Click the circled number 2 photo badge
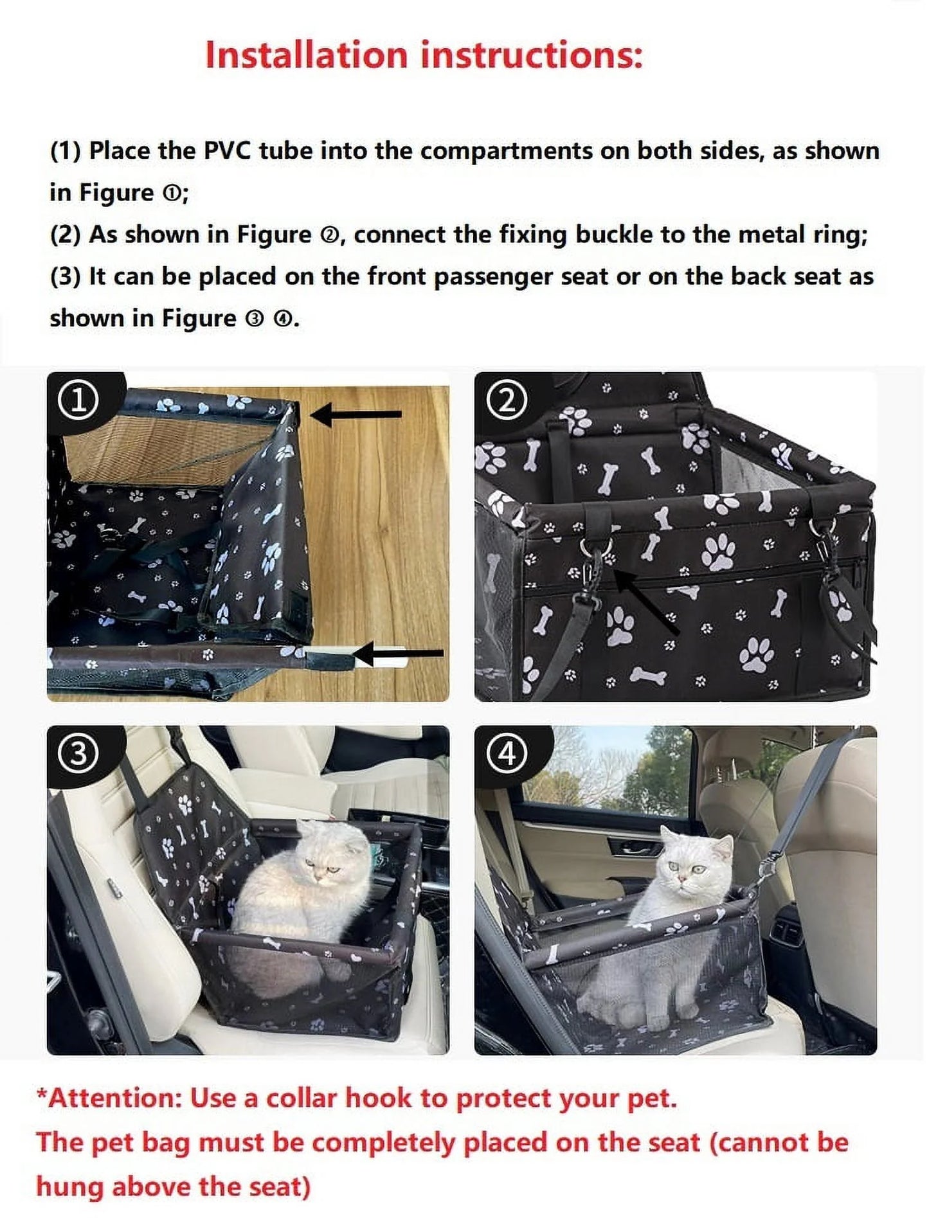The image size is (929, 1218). (507, 401)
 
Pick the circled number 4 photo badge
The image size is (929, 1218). (507, 753)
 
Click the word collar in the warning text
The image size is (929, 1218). (301, 1098)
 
